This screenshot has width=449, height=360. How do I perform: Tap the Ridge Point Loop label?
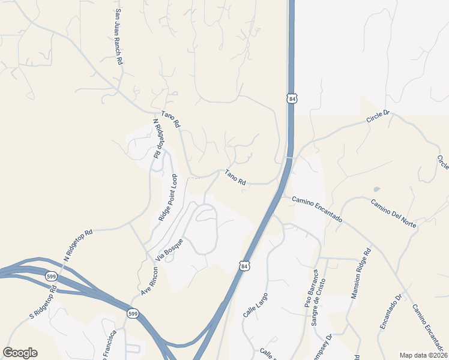(x=168, y=198)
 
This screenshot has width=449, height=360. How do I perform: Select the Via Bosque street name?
(x=169, y=249)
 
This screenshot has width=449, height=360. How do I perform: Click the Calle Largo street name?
(x=255, y=305)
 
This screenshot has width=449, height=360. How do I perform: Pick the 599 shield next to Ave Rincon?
(x=133, y=313)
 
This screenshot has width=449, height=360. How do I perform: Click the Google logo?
(x=20, y=353)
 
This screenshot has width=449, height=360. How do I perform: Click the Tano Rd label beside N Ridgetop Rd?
(x=171, y=119)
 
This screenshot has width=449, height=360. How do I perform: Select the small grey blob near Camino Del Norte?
(x=376, y=189)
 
